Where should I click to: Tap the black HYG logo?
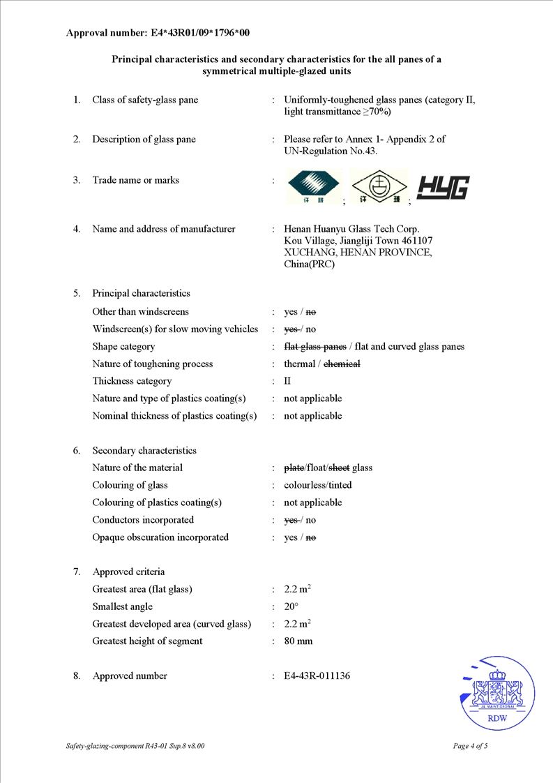point(443,188)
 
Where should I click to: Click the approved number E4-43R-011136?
point(317,676)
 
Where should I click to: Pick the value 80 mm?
point(298,641)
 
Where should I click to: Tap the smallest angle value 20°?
point(291,606)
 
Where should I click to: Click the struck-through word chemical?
point(342,364)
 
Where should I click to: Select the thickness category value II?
point(287,381)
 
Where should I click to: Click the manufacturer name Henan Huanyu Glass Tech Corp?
point(351,229)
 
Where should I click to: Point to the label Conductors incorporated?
point(143,520)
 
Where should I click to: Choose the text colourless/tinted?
point(317,485)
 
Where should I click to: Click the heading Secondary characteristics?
point(144,450)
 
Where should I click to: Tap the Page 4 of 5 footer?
point(470,746)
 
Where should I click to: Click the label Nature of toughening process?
point(153,364)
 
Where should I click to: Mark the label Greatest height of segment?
point(147,641)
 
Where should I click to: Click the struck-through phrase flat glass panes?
point(315,347)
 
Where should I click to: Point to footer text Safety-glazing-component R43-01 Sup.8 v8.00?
point(135,746)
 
